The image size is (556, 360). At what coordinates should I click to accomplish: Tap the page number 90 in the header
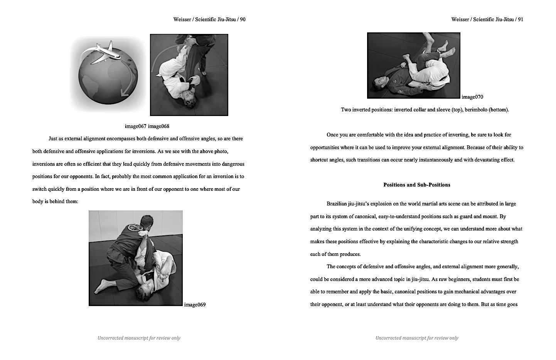[x=243, y=20]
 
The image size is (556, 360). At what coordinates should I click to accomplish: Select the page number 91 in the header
[x=521, y=20]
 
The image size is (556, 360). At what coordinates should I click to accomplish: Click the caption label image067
[x=135, y=126]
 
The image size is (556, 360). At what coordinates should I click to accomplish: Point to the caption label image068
[x=158, y=126]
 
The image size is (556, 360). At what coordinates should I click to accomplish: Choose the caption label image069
[x=195, y=305]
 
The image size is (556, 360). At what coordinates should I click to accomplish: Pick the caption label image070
[x=472, y=97]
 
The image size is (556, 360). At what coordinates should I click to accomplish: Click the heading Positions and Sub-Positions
[x=417, y=185]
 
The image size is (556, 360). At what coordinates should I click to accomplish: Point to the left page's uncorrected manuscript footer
[x=139, y=338]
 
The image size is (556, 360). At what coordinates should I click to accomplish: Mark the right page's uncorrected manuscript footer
[x=417, y=338]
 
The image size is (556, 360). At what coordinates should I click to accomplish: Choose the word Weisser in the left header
[x=182, y=20]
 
